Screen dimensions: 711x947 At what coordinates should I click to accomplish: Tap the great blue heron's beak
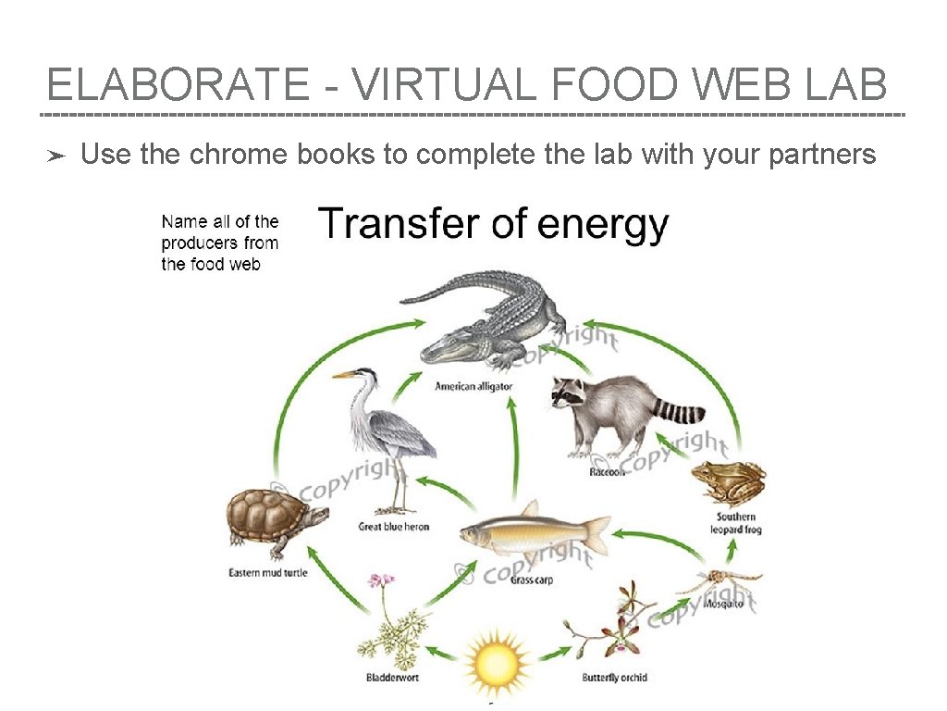pos(343,375)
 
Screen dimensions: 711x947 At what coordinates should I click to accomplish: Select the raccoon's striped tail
pos(680,409)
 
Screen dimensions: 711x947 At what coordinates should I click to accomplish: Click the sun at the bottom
pos(497,662)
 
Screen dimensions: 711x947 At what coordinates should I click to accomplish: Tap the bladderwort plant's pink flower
pos(380,580)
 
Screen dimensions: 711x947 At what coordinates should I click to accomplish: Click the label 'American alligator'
pos(473,386)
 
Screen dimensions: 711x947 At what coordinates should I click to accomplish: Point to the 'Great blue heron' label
pos(394,527)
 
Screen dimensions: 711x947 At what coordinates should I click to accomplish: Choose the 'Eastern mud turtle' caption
pos(268,573)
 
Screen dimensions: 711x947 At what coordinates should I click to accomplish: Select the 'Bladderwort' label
pos(393,678)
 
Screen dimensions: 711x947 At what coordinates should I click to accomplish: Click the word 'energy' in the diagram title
pos(603,225)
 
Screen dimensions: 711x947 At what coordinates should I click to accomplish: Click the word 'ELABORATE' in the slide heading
pos(178,86)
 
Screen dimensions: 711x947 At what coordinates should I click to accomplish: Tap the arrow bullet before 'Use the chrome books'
pos(56,156)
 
